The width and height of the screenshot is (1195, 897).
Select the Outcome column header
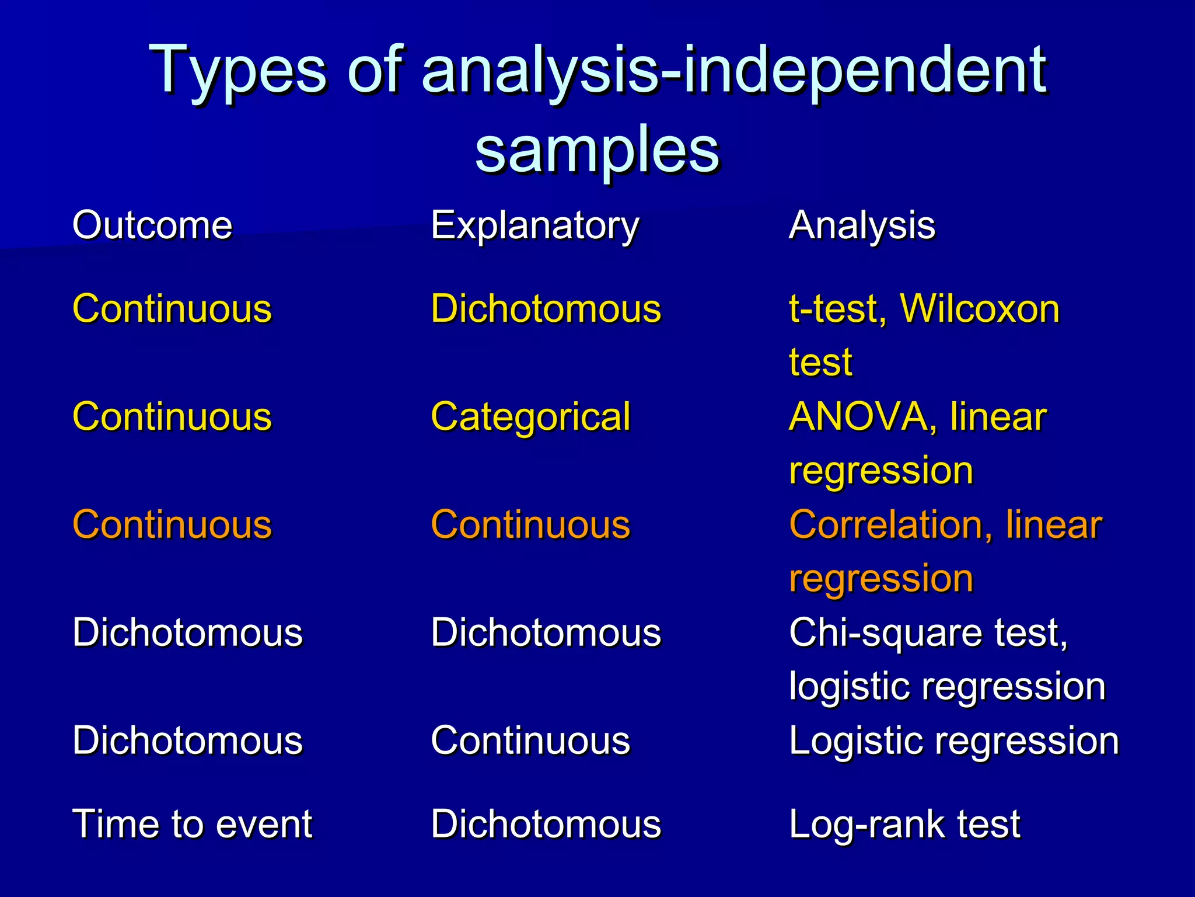152,225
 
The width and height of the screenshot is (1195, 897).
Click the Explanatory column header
535,225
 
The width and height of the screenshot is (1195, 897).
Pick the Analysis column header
862,225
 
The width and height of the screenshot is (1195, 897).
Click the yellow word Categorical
530,417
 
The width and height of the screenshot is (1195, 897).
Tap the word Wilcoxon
980,308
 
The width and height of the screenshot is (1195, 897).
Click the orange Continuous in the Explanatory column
530,524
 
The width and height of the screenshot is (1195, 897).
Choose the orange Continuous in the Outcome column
172,524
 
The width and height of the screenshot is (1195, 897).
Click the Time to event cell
192,824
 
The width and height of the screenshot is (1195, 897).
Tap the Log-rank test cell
904,824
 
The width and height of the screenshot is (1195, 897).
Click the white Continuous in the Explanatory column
530,740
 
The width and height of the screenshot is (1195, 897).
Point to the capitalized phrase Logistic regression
954,740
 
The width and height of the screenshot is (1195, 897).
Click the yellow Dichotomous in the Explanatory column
546,308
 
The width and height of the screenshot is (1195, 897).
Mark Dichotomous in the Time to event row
546,824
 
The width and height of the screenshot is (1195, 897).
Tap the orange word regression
881,578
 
